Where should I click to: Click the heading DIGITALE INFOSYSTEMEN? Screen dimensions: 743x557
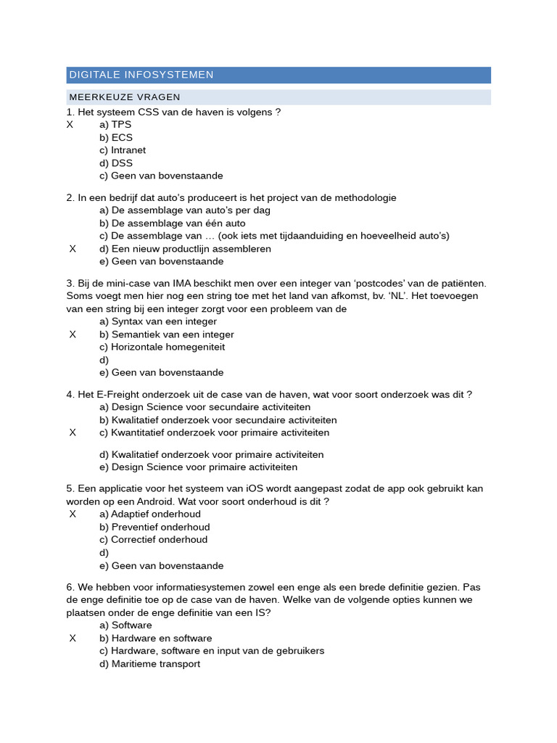pos(141,75)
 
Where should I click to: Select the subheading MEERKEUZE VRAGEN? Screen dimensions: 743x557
pos(125,97)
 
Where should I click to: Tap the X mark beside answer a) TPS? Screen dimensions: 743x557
pos(70,125)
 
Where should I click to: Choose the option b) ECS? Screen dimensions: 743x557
pos(116,138)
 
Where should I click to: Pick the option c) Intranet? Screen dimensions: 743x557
pos(123,150)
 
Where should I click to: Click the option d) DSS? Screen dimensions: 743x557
pos(116,163)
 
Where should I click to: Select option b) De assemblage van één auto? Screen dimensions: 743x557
pos(173,223)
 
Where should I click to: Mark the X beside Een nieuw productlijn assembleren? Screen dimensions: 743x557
pos(73,249)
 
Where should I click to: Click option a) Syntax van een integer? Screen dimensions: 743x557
pos(158,321)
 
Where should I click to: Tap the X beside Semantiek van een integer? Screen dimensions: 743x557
pos(73,334)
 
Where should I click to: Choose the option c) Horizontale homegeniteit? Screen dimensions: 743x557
pos(162,347)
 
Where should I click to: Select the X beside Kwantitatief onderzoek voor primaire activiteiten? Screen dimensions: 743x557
pos(73,432)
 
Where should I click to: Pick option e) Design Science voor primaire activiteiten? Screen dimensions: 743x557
pos(198,467)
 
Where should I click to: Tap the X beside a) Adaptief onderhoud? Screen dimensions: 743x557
pos(73,514)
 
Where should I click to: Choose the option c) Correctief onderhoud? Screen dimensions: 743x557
pos(153,540)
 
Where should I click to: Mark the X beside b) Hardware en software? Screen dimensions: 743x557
pos(73,639)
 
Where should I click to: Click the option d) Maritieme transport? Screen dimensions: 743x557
pos(149,664)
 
